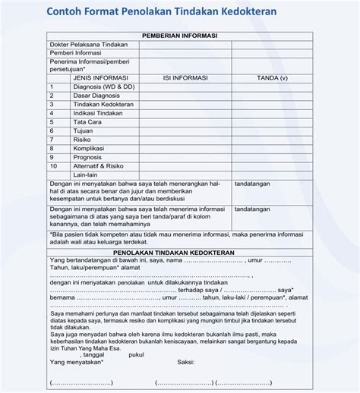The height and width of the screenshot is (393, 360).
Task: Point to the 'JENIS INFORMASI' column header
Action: pyautogui.click(x=99, y=77)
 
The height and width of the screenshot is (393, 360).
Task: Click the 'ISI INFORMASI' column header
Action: pyautogui.click(x=185, y=77)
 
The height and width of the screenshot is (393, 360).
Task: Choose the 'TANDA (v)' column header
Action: pyautogui.click(x=273, y=77)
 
